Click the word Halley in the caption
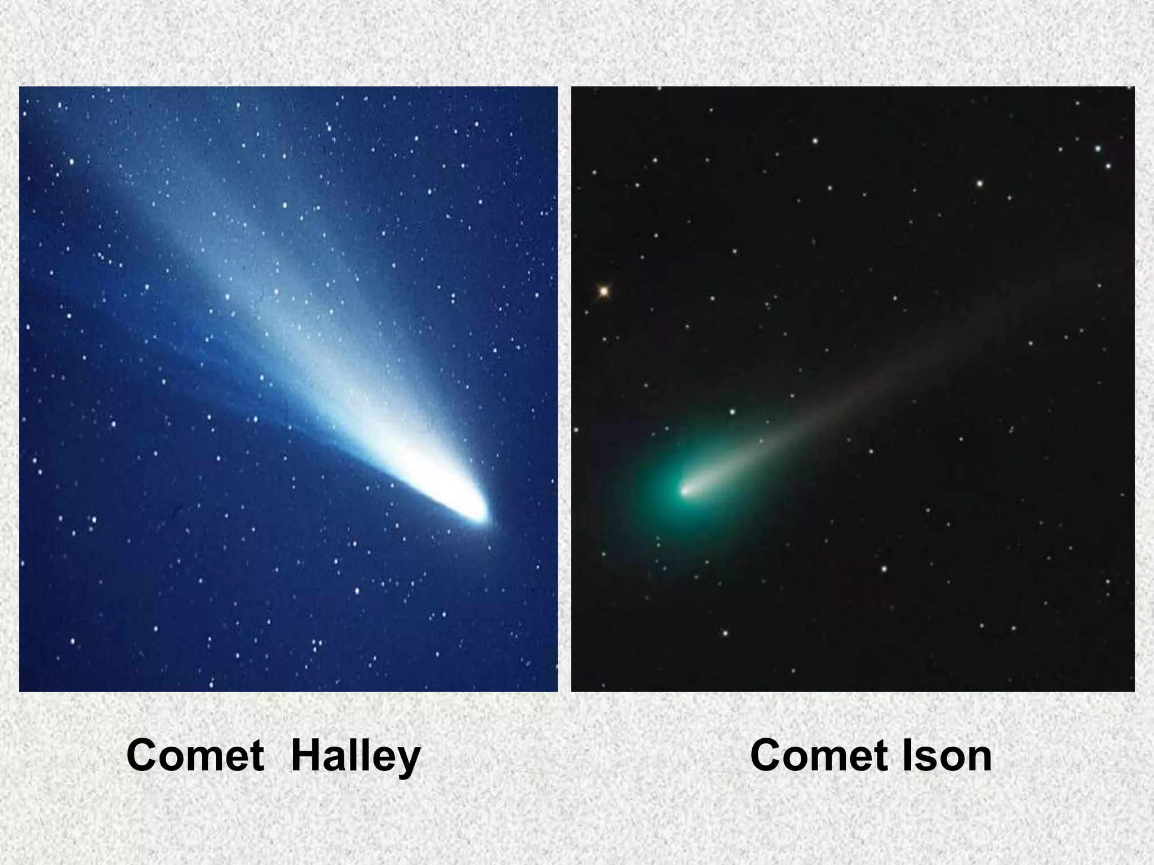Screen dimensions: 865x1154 [356, 756]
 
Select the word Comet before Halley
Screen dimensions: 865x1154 [195, 756]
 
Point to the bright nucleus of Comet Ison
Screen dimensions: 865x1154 [685, 491]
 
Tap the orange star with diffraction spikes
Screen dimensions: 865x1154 [603, 291]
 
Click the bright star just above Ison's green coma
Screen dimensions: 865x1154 [733, 412]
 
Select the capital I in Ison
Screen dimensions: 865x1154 [907, 756]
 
